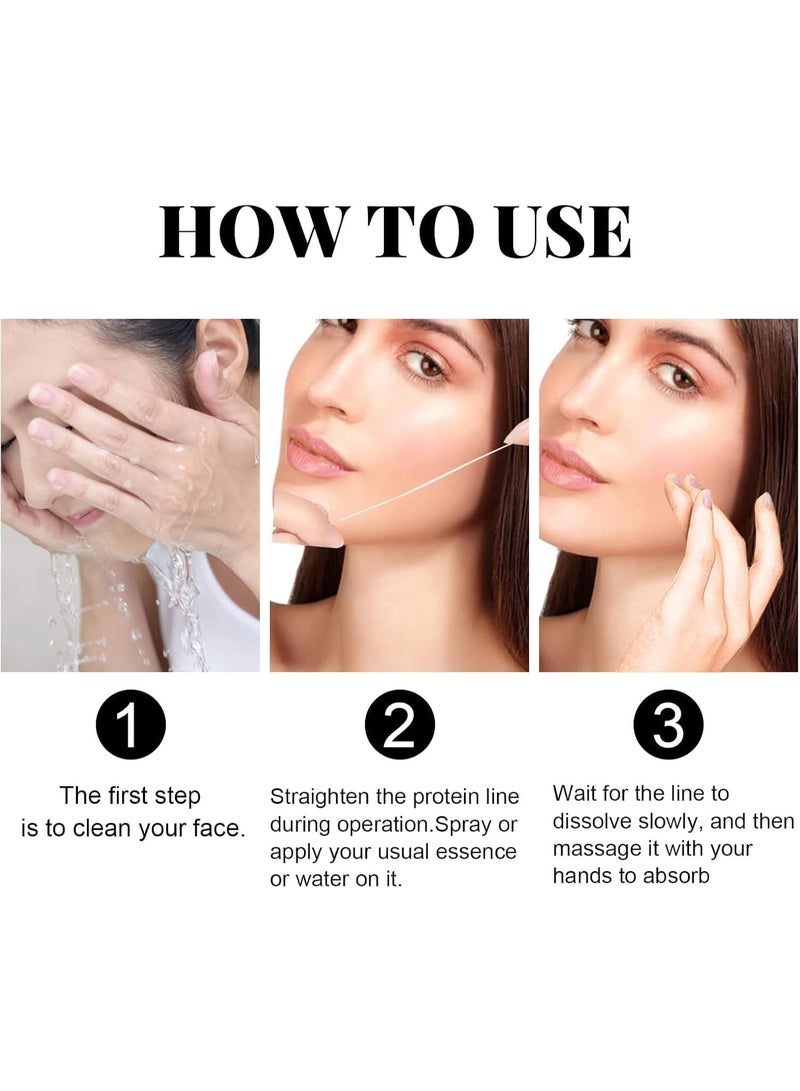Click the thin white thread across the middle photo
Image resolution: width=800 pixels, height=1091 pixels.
[x=420, y=483]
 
